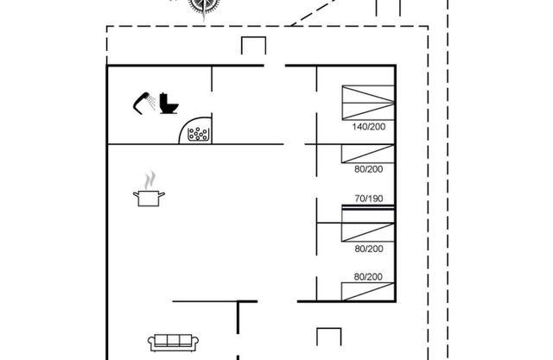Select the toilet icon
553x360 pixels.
[x=168, y=103]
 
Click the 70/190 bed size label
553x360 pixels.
[x=368, y=199]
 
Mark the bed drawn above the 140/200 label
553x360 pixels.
[x=366, y=103]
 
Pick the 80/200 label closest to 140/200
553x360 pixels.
[x=368, y=170]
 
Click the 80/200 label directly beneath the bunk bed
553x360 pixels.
[x=368, y=249]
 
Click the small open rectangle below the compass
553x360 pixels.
[x=252, y=47]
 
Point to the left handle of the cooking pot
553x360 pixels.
[x=136, y=197]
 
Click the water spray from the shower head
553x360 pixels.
[x=152, y=104]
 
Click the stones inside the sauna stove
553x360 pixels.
[x=199, y=134]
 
